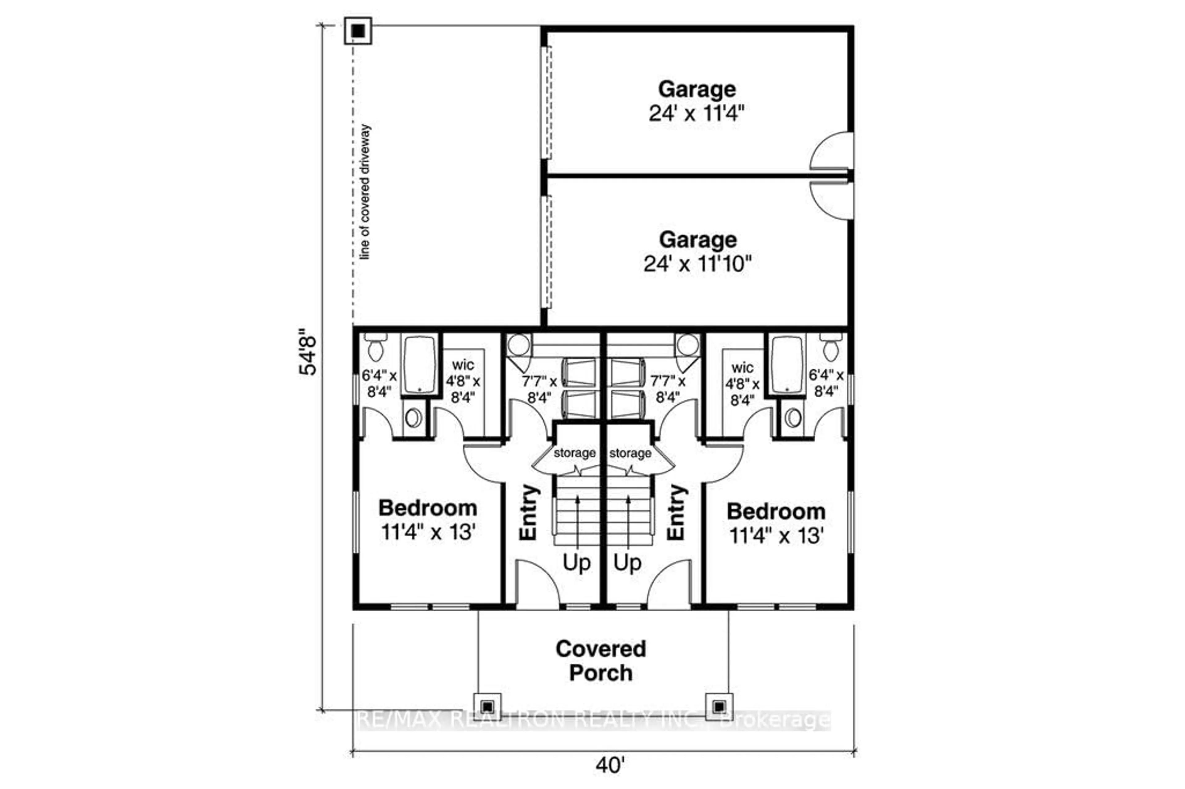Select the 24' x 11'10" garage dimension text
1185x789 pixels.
(697, 264)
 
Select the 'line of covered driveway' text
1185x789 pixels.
(365, 192)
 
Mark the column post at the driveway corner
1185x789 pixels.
(358, 31)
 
